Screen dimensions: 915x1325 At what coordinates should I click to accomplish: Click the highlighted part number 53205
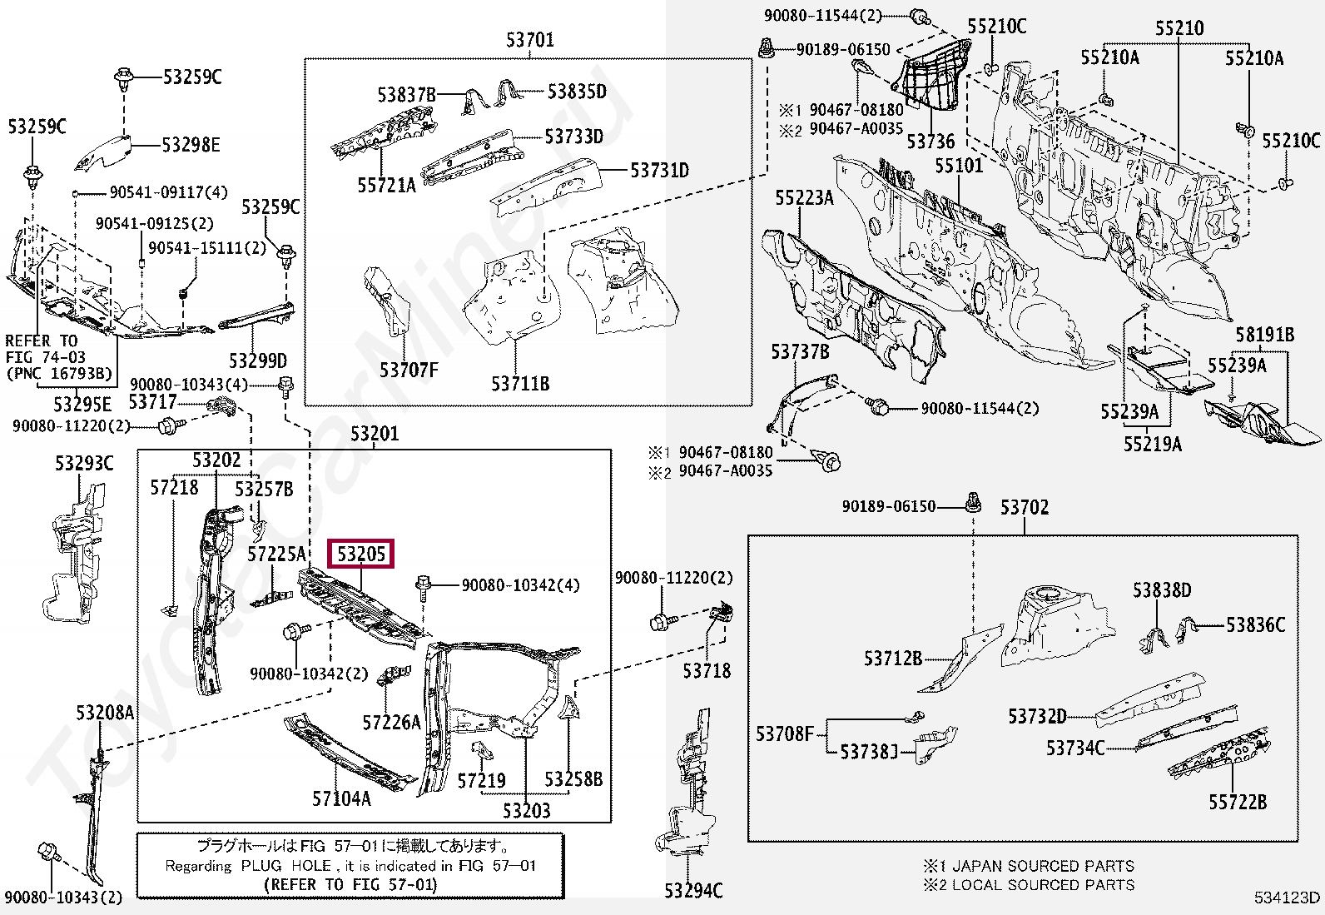click(361, 554)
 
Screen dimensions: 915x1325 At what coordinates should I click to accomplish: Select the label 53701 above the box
click(529, 39)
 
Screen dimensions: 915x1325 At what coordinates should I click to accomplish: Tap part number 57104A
click(341, 798)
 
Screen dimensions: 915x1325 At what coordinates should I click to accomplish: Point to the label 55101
click(958, 165)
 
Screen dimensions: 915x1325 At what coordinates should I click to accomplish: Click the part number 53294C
click(693, 891)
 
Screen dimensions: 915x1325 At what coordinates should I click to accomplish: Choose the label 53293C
click(84, 463)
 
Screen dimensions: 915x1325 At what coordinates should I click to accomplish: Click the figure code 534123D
click(1287, 897)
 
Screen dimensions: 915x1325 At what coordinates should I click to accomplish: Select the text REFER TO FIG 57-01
click(350, 884)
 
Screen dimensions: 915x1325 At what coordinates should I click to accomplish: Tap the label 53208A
click(105, 712)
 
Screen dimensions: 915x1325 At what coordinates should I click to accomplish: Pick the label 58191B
click(1264, 335)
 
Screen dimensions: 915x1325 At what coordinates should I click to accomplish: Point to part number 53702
click(1024, 507)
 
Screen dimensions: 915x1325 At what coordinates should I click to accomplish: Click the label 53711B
click(519, 384)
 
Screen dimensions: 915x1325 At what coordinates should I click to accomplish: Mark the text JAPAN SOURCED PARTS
click(1042, 866)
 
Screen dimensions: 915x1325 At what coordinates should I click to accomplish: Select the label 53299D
click(257, 361)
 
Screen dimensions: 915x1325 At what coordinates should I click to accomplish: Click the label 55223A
click(803, 197)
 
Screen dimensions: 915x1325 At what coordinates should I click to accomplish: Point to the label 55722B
click(1237, 802)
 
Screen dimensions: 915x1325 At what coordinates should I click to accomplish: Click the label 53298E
click(191, 145)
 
